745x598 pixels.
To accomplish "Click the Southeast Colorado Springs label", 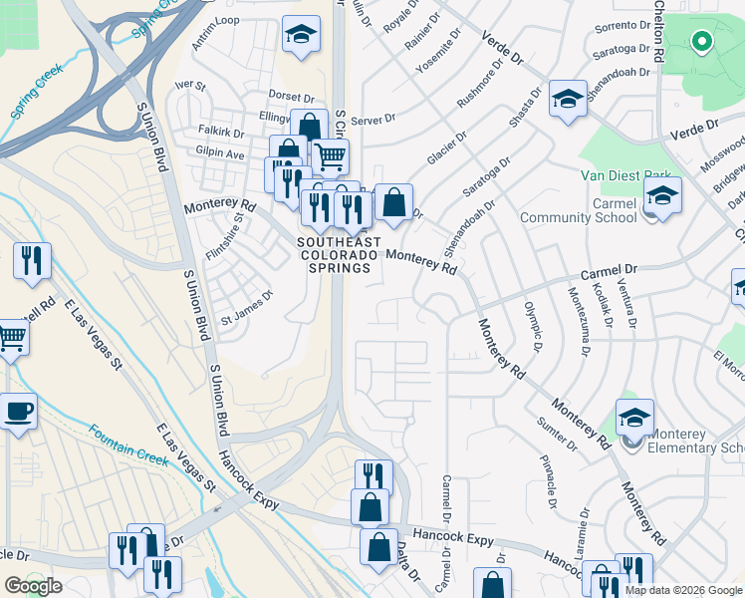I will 334,255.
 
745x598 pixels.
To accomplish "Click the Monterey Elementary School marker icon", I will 634,418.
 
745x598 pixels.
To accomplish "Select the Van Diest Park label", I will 626,175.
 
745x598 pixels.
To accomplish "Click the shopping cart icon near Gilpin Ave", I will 330,155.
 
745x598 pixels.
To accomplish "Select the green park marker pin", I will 701,42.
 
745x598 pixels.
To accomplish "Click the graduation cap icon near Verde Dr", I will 568,99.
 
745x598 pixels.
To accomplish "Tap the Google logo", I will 33,586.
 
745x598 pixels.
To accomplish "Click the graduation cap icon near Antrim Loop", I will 300,35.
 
